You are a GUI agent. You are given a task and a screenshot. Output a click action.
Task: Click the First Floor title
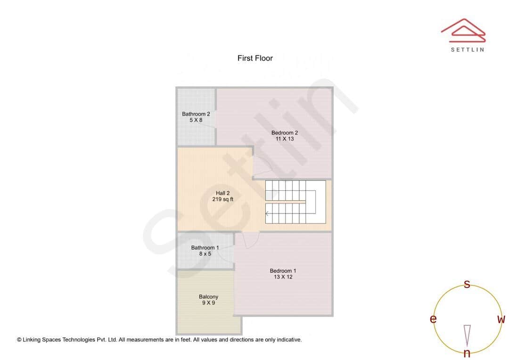point(255,58)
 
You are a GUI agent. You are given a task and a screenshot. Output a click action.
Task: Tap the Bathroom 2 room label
point(196,114)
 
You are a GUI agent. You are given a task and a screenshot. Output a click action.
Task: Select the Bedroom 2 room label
point(284,133)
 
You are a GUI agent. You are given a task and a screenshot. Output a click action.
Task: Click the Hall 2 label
point(222,193)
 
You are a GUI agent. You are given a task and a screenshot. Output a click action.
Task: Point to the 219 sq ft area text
point(222,199)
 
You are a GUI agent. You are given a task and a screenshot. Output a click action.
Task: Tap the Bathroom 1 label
point(205,248)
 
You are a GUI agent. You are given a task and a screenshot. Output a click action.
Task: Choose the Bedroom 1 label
point(283,271)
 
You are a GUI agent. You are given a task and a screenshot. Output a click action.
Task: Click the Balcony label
point(208,297)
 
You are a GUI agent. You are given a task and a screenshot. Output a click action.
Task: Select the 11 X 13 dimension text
point(284,139)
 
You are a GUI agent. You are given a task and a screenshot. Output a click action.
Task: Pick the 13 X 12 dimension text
point(283,277)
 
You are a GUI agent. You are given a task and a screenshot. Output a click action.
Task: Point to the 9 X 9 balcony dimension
point(208,303)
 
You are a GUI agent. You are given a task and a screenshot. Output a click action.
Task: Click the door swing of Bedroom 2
point(262,166)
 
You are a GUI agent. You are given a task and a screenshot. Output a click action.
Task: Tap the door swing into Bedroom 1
point(248,240)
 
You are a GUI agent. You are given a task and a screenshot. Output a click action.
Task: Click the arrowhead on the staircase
point(267,214)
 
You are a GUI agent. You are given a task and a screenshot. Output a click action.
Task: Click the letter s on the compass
point(467,284)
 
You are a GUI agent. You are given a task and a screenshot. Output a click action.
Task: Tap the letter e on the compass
point(433,319)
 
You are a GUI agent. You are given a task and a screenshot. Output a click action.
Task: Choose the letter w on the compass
point(501,319)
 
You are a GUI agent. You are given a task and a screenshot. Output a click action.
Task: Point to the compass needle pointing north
point(467,335)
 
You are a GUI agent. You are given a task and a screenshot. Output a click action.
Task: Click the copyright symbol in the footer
point(19,339)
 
